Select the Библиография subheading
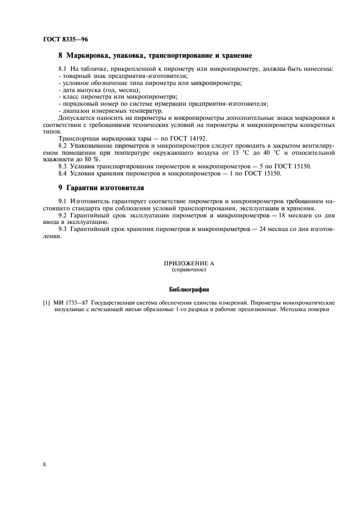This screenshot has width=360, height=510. (189, 289)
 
